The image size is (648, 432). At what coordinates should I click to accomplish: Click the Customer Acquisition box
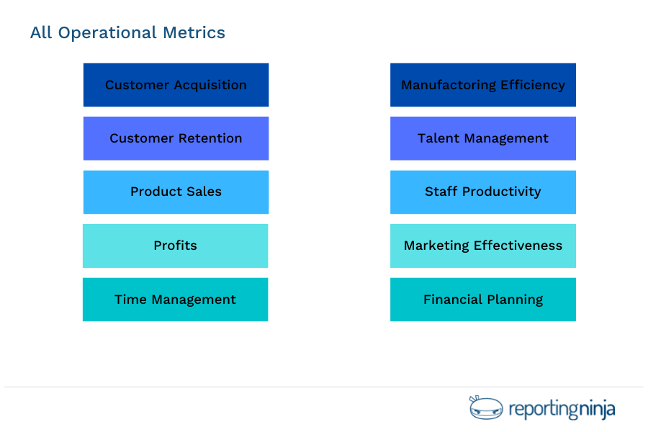176,85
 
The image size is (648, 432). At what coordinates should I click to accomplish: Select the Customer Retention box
176,138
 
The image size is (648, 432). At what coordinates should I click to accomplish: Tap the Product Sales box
176,192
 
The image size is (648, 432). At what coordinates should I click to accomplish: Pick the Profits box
175,246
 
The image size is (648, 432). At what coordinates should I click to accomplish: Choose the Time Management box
175,300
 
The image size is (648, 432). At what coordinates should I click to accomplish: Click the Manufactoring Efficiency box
482,85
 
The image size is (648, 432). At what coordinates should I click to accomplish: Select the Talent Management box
482,138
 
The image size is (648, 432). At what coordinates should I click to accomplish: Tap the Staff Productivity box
482,192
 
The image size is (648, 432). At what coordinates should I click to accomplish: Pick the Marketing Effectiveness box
482,246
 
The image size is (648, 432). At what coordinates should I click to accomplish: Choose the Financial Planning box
482,300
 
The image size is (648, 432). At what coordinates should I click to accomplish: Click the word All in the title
41,33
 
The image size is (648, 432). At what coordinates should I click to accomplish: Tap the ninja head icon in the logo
486,408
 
